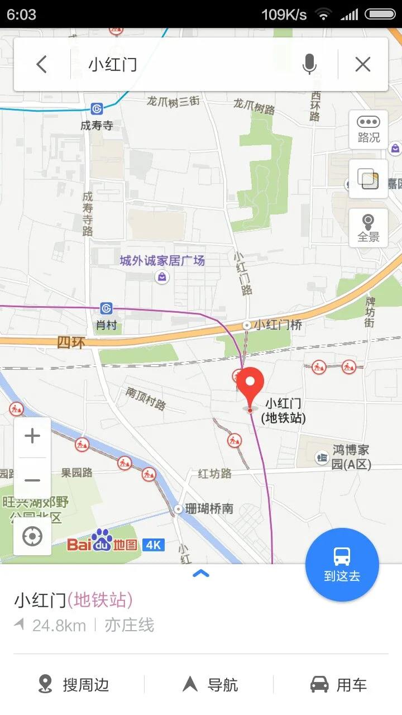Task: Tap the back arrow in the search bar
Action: [x=41, y=65]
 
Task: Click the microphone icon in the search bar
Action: [x=309, y=65]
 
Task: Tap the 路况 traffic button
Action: [x=368, y=130]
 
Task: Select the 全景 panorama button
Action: [x=368, y=228]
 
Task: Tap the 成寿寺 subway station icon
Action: [x=98, y=108]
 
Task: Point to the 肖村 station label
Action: [x=106, y=325]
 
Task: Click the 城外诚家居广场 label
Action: [x=162, y=261]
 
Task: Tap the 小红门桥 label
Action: [x=277, y=325]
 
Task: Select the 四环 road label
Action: [x=71, y=342]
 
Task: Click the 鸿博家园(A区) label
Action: [x=351, y=457]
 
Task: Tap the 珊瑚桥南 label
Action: [x=209, y=509]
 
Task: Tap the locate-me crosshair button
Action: [x=32, y=537]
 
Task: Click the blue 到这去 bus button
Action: [x=342, y=564]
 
